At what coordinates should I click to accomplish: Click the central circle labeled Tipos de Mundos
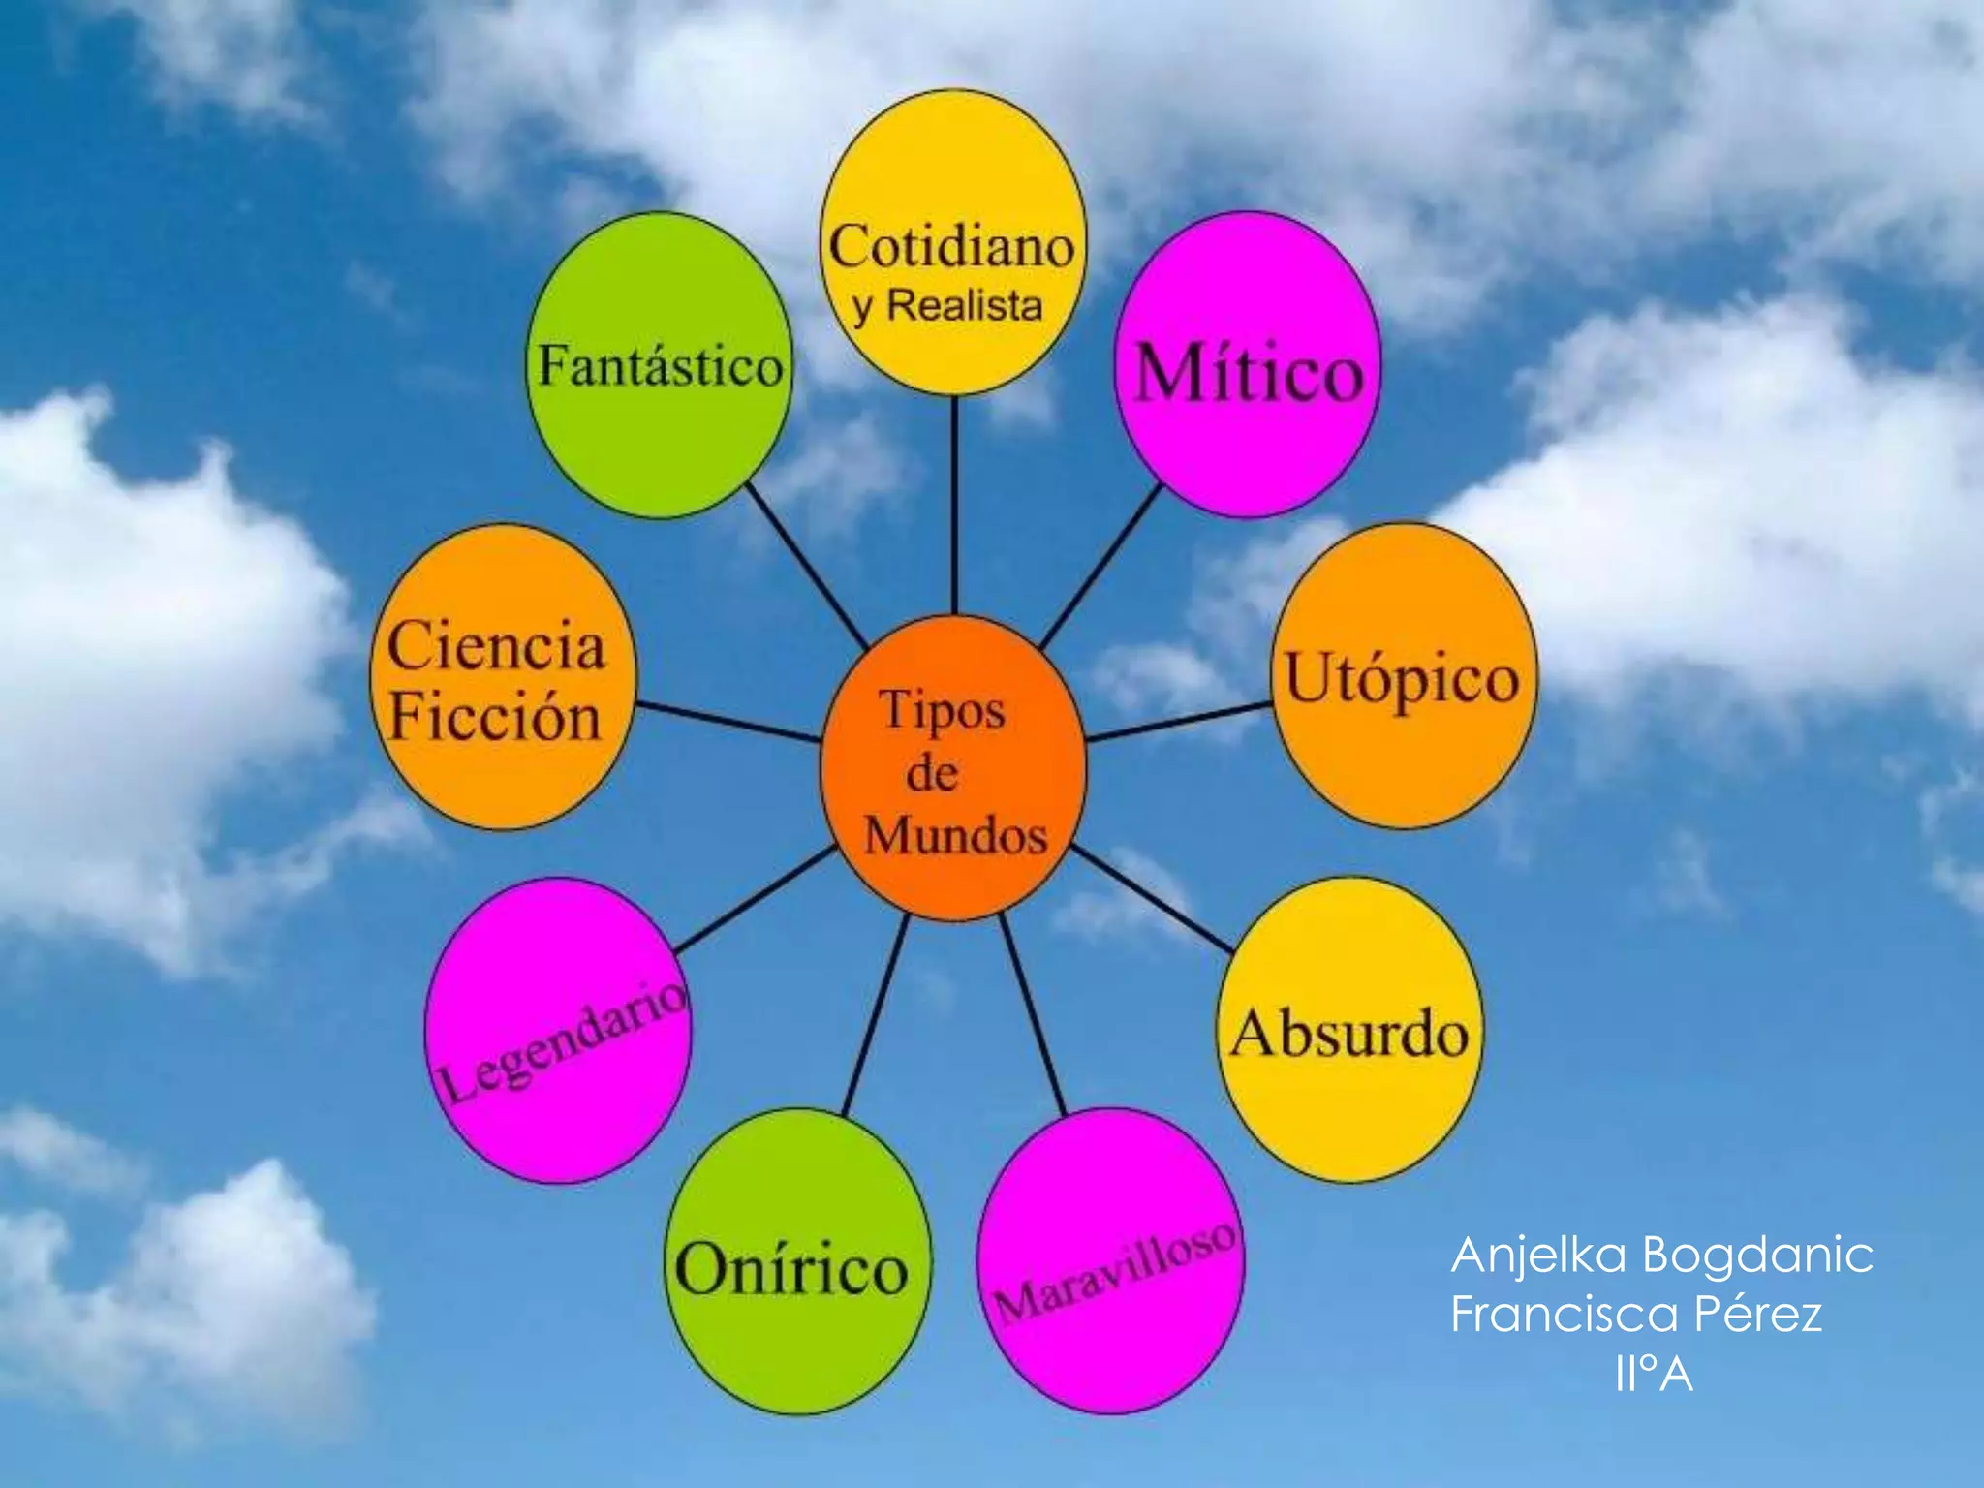[x=953, y=767]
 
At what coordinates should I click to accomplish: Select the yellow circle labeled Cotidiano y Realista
[x=953, y=242]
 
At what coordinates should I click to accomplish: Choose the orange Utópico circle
[x=1403, y=676]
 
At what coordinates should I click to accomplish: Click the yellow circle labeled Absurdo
[x=1349, y=1031]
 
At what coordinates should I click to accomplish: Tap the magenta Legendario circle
[x=559, y=1031]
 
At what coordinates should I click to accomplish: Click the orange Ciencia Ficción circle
[x=503, y=678]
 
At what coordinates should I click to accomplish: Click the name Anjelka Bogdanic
[x=1661, y=1255]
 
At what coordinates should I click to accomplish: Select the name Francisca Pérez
[x=1636, y=1315]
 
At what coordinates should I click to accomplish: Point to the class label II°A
[x=1654, y=1374]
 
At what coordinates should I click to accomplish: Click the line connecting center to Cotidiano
[x=954, y=504]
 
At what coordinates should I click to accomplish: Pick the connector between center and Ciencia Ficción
[x=728, y=722]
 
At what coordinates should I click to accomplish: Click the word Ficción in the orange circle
[x=495, y=718]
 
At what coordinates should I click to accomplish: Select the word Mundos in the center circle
[x=955, y=835]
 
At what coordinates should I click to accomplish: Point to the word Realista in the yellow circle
[x=965, y=306]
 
